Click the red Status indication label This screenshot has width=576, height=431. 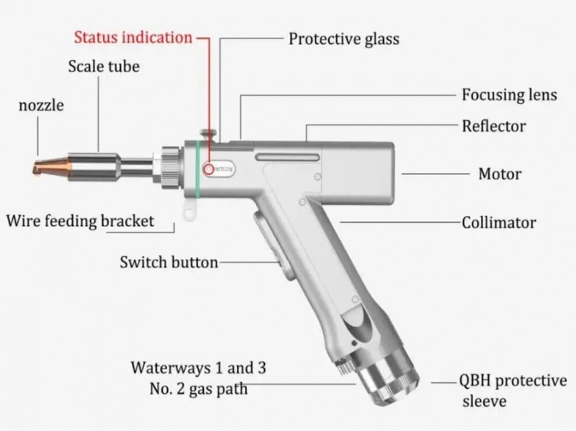coord(133,37)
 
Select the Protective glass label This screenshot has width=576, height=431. coord(344,39)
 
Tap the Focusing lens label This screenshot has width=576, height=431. coord(509,95)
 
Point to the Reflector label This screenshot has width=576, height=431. coord(494,126)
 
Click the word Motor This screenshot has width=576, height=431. coord(500,174)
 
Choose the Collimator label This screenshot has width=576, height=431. coord(499,222)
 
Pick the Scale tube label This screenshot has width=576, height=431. coord(104,66)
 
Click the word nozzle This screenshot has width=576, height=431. coord(41,105)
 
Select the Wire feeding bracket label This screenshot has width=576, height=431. coord(80,220)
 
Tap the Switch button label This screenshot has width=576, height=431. coord(168,263)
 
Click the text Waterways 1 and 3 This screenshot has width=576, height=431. coord(198,368)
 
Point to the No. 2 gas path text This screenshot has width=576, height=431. coord(198,388)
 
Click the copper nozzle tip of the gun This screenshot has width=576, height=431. coord(52,166)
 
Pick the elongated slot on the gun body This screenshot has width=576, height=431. coord(287,158)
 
